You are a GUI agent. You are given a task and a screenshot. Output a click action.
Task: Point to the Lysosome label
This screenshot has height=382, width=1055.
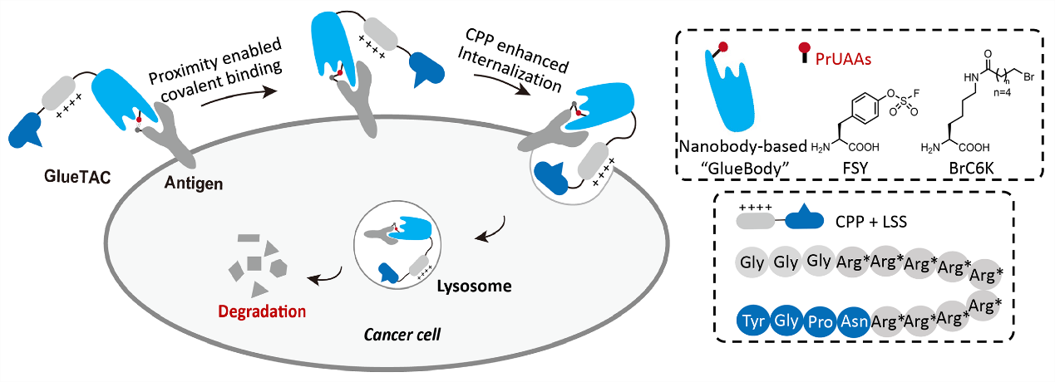tap(475, 286)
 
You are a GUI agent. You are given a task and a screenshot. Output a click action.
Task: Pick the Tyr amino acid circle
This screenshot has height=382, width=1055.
tap(754, 320)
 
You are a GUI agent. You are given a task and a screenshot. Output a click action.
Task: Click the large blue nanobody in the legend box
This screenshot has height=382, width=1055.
tap(731, 95)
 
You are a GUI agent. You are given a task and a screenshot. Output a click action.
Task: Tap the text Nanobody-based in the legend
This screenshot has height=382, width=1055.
tap(755, 147)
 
